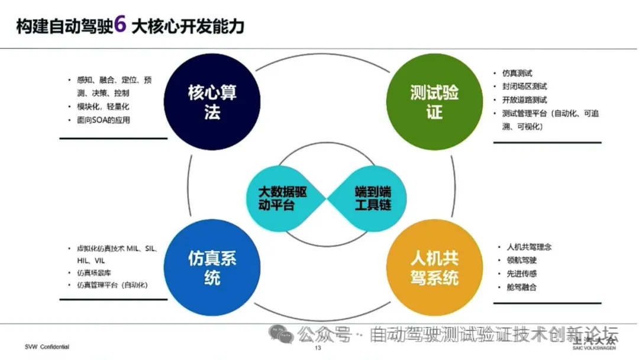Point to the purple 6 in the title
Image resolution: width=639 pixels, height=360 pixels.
(x=120, y=25)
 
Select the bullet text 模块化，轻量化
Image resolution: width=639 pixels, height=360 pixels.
(x=103, y=107)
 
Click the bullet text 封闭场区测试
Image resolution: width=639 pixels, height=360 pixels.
(x=524, y=86)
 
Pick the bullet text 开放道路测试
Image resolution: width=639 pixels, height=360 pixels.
(x=524, y=99)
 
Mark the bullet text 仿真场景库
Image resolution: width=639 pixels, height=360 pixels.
(x=93, y=273)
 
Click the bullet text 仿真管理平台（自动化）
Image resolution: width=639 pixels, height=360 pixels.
(x=112, y=285)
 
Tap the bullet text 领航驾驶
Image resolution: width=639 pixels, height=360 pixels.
(x=518, y=261)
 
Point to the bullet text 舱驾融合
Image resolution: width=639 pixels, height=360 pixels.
(x=518, y=288)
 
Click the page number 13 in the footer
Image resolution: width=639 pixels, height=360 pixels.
(x=317, y=348)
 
